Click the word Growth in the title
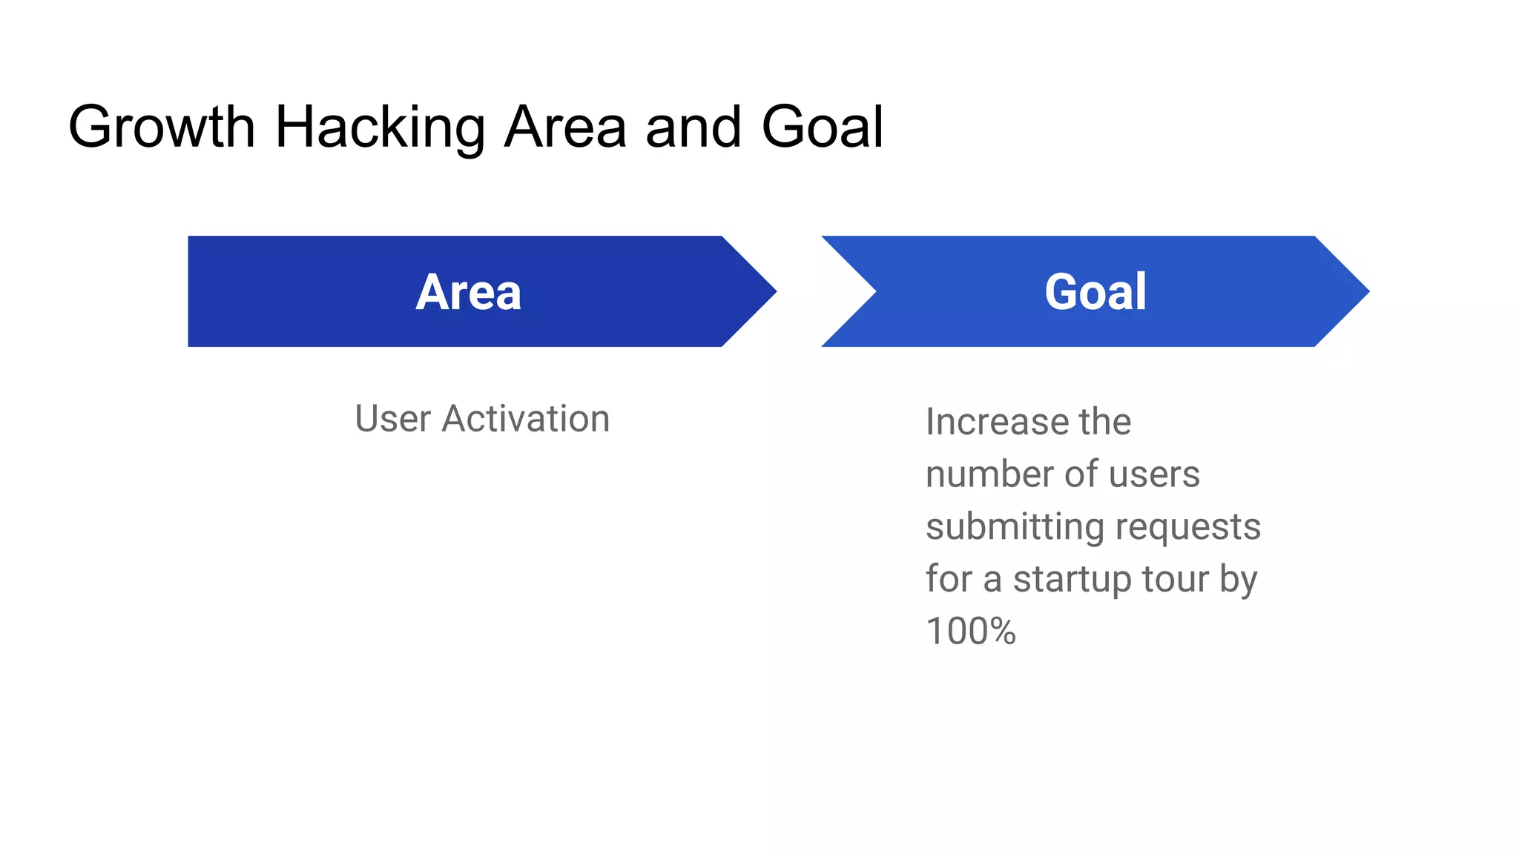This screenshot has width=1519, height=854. (x=161, y=127)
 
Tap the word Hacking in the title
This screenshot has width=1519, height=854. (x=380, y=127)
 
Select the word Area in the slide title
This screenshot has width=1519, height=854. (x=565, y=127)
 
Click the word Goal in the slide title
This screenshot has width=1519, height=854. (x=822, y=127)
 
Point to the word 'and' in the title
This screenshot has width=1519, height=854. (x=693, y=127)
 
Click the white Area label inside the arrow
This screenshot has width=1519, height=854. (x=468, y=292)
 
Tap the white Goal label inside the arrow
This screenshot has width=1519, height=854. (x=1095, y=292)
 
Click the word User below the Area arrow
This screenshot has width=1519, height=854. (x=392, y=419)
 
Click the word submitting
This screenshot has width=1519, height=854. (x=1015, y=527)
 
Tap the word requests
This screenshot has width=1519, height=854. (x=1187, y=527)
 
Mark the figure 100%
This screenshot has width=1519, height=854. (x=970, y=632)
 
